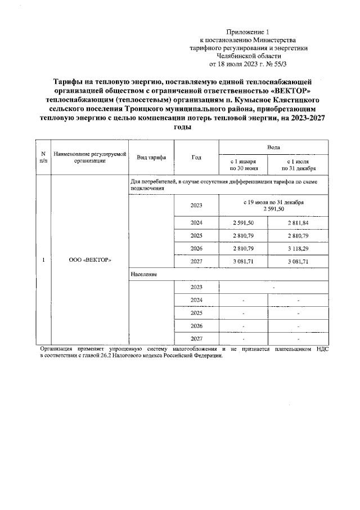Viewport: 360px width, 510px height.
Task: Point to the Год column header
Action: click(196, 157)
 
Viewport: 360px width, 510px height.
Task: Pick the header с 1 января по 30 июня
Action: click(244, 164)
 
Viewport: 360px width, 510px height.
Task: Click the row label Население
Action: click(143, 274)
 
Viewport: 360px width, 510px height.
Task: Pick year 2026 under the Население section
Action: click(196, 326)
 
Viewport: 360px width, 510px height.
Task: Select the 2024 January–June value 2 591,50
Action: click(244, 223)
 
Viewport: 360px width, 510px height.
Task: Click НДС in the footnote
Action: click(322, 350)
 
